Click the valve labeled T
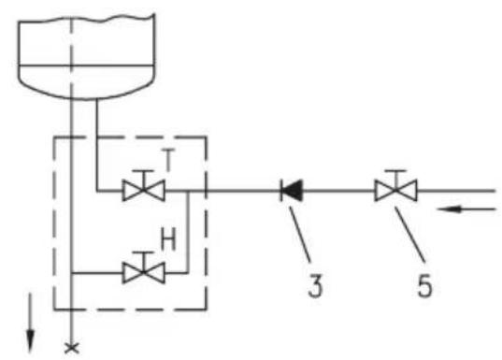[144, 191]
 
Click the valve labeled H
[144, 272]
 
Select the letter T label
[168, 160]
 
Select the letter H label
[168, 240]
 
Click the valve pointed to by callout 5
[395, 191]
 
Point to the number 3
[315, 285]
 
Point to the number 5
[424, 285]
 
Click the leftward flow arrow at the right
[466, 209]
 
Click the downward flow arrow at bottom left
[30, 323]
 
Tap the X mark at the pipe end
[72, 349]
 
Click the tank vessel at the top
[86, 57]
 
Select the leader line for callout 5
[410, 235]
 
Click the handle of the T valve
[144, 179]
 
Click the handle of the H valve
[144, 261]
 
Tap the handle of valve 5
[395, 179]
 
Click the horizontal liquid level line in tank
[86, 65]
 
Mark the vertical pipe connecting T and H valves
[188, 232]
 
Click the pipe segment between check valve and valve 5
[338, 191]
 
